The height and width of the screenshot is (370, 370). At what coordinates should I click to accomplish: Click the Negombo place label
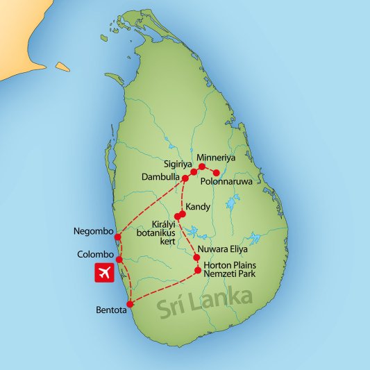(x=92, y=231)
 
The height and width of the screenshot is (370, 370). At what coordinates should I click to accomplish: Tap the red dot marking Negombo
(x=117, y=237)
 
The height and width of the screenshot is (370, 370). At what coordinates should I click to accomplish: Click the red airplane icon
(x=104, y=274)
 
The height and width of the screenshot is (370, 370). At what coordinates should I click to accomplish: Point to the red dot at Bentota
(x=131, y=303)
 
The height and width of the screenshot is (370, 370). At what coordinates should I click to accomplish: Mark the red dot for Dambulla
(x=185, y=178)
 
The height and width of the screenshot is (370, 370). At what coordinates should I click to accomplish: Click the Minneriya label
(x=217, y=158)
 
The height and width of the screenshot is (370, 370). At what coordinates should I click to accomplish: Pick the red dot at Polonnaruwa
(x=217, y=172)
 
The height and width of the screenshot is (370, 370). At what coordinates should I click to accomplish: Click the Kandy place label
(x=199, y=206)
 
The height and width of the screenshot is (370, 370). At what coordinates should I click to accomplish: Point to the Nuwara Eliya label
(x=224, y=249)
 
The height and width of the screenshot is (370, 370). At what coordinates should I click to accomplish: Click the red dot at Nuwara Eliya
(x=196, y=258)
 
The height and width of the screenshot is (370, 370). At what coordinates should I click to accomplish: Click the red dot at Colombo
(x=119, y=260)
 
